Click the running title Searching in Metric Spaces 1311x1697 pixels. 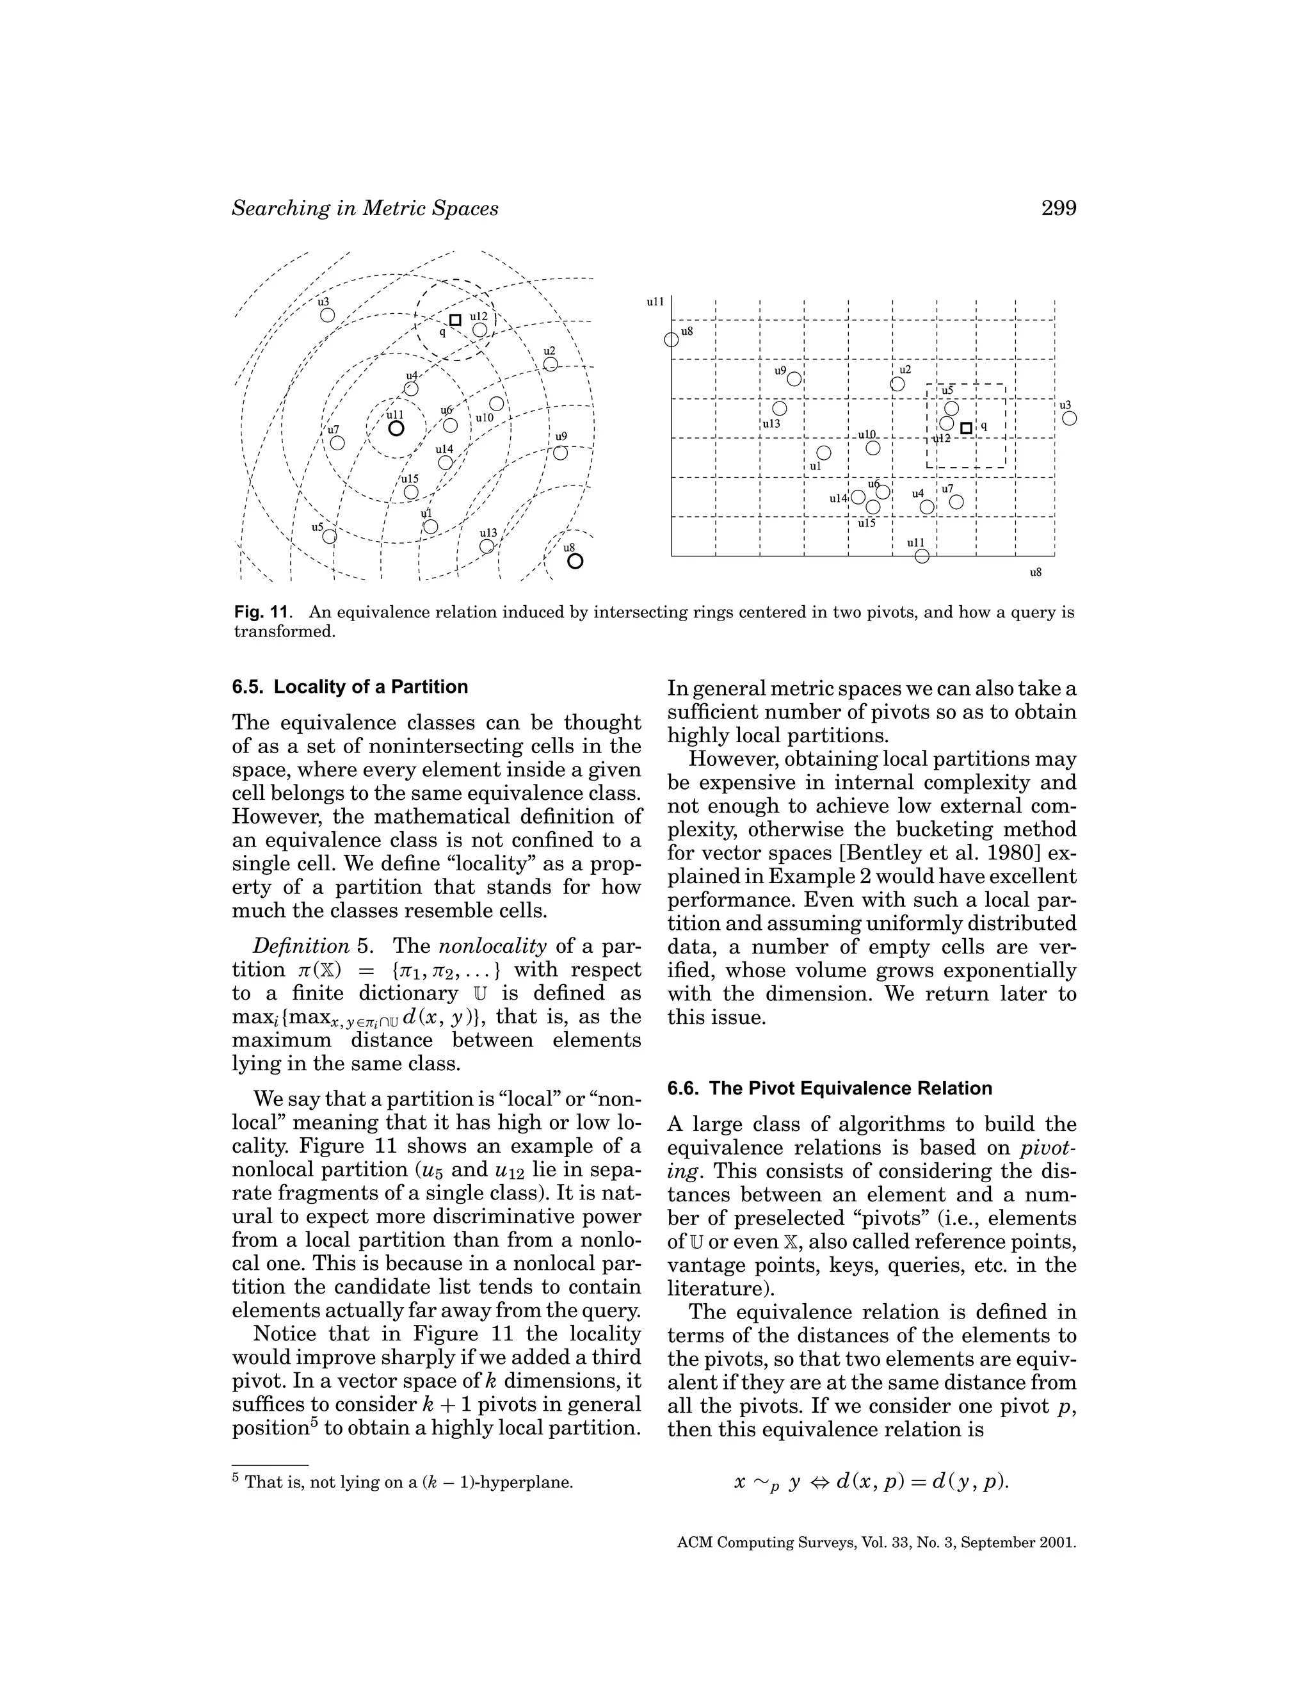365,208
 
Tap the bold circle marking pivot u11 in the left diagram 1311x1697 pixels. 396,428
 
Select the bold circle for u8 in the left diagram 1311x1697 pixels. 575,560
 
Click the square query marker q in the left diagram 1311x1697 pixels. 455,320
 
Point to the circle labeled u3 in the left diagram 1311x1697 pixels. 328,314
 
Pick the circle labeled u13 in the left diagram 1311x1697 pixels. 487,546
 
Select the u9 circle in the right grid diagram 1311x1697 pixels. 794,379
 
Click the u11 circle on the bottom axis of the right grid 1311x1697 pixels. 922,556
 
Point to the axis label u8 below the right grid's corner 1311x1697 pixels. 1035,572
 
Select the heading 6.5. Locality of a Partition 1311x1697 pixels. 350,687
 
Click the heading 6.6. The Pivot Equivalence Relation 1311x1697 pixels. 830,1088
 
